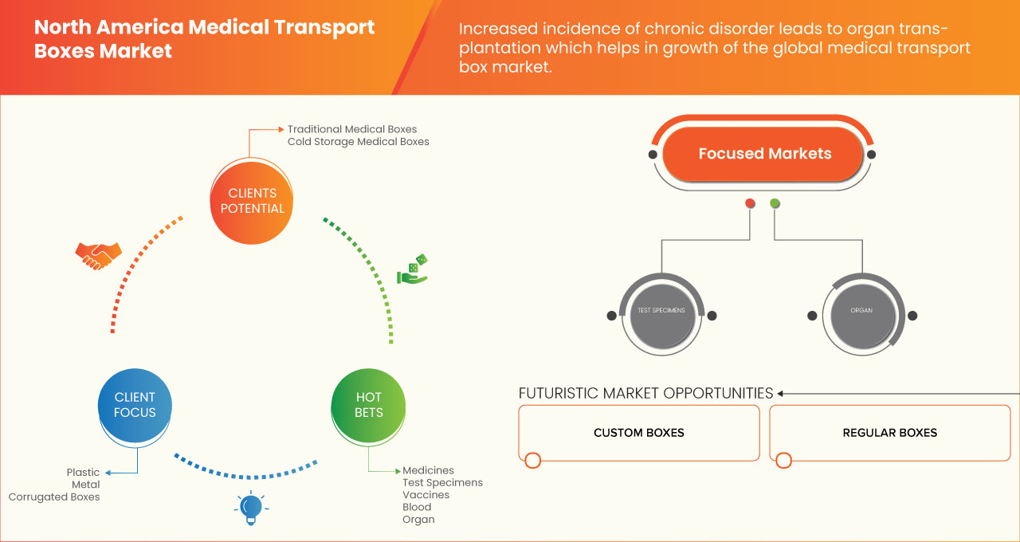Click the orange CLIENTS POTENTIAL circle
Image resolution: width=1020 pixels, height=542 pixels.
[252, 201]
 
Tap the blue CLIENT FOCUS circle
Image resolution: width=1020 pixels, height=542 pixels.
[135, 405]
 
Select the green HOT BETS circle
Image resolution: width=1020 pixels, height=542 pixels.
[368, 405]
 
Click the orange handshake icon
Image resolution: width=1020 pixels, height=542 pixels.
[98, 255]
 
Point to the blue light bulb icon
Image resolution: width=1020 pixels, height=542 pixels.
[251, 508]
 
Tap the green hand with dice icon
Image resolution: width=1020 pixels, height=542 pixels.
[413, 270]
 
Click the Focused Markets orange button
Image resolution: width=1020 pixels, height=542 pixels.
[764, 154]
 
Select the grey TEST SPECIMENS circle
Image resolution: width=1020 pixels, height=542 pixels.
[661, 311]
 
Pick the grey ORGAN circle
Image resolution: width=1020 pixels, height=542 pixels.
[861, 311]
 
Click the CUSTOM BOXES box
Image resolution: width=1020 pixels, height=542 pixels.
[638, 433]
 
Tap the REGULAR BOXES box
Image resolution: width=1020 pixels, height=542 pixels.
[889, 433]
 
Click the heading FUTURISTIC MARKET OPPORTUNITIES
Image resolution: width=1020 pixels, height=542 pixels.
[645, 393]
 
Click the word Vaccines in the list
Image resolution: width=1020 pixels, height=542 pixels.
[426, 495]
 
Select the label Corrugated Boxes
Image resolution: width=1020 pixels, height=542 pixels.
[54, 497]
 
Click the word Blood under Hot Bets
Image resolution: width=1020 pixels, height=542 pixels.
[417, 507]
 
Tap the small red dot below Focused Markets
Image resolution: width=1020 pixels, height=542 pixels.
[750, 204]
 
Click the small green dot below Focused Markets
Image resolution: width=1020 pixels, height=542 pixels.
[775, 204]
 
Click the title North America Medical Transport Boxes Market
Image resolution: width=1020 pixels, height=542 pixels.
[204, 39]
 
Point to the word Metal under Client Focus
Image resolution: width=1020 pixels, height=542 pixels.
[85, 485]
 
